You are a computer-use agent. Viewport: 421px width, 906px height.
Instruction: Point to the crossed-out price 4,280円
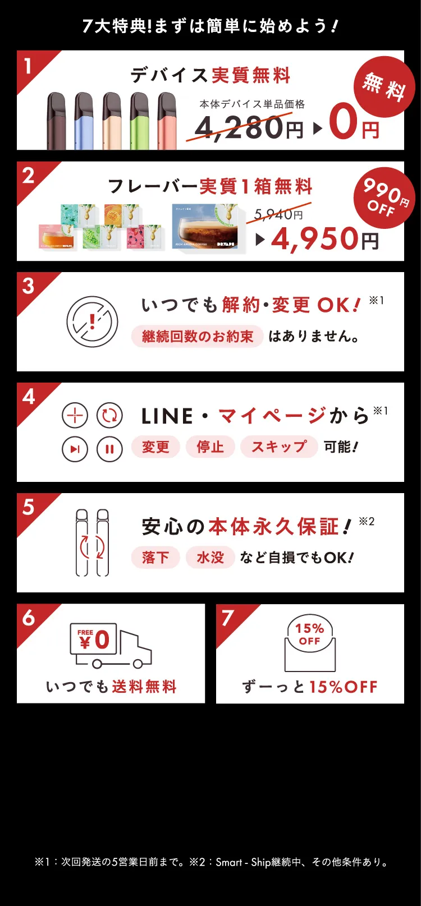coord(247,127)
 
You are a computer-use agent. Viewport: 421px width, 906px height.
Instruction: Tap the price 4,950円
coord(324,240)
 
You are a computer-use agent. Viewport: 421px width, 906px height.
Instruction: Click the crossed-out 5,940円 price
coord(278,214)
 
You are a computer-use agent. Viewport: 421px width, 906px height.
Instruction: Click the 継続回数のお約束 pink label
coord(197,337)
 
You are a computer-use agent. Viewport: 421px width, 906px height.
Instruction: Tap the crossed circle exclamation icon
coord(93,322)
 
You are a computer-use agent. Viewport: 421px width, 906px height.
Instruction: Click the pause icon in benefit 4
coord(109,449)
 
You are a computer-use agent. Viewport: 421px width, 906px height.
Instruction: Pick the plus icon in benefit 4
coord(75,416)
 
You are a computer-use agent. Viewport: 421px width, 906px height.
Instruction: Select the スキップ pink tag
coord(279,447)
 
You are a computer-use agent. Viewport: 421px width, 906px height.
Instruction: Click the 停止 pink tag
coord(210,447)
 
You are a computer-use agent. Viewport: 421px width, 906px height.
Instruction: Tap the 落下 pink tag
coord(155,558)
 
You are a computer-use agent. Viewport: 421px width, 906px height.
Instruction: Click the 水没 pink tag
coord(210,558)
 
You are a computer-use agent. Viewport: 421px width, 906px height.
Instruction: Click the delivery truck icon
coord(111,646)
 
